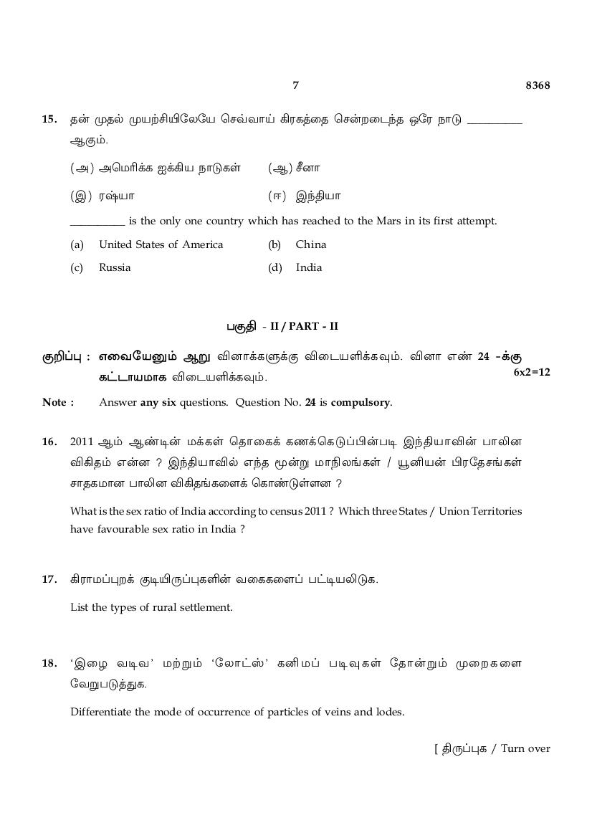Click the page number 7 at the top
pos(295,85)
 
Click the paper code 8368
pos(538,85)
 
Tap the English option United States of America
pos(161,244)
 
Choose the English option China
pos(310,244)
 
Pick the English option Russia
pos(115,267)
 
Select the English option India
pos(309,267)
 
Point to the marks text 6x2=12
pos(532,372)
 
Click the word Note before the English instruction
pos(54,402)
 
